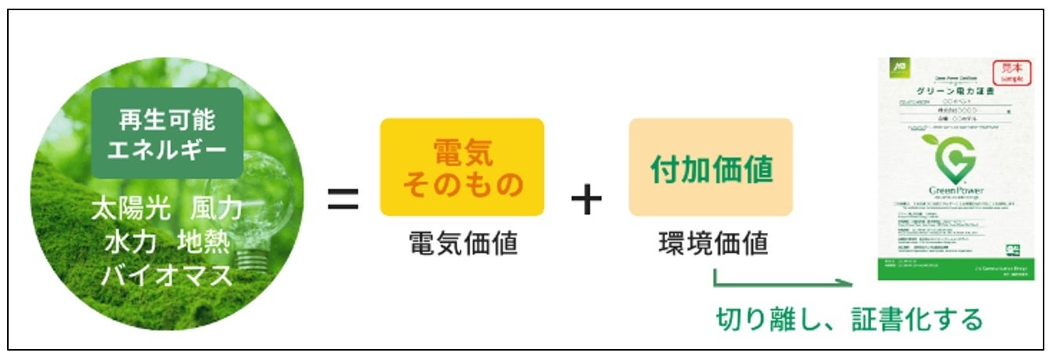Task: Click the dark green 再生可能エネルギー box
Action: point(167,133)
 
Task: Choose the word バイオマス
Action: point(166,275)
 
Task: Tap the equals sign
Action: point(343,201)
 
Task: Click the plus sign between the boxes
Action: point(586,201)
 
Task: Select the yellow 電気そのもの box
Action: point(462,167)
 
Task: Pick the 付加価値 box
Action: point(711,167)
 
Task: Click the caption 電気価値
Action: point(463,244)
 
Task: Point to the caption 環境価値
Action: point(712,244)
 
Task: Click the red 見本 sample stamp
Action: point(1013,72)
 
